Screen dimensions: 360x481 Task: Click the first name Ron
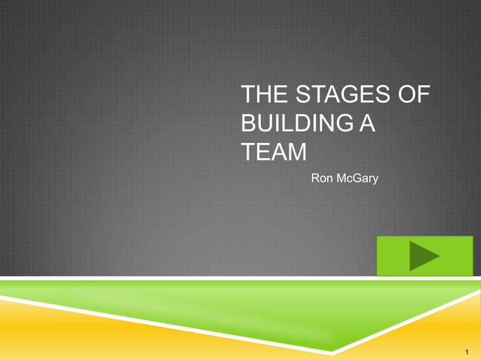(x=321, y=179)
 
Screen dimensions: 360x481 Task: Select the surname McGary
(x=357, y=179)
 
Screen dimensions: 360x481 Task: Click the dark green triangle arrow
(x=424, y=256)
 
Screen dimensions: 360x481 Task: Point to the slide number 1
(x=468, y=349)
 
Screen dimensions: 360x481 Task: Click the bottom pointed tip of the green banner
(x=332, y=352)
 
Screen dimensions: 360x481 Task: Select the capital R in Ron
(x=314, y=179)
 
